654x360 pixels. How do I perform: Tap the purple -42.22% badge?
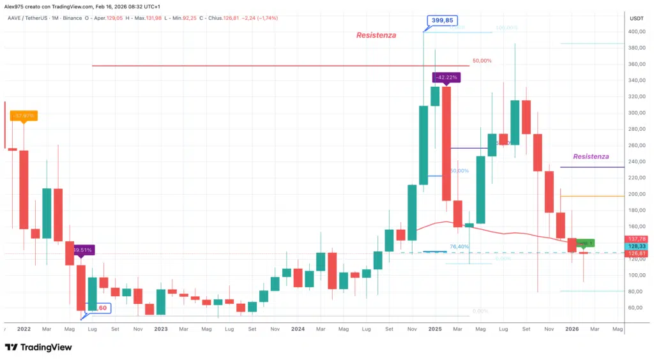(x=446, y=77)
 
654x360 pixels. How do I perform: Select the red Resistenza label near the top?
(x=376, y=36)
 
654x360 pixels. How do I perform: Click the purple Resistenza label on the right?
(x=591, y=156)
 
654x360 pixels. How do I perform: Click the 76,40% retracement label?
(x=459, y=246)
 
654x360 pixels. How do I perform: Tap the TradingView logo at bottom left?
(x=38, y=347)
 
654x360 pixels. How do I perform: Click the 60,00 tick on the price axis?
(x=635, y=308)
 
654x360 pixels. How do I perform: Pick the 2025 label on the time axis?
(x=435, y=329)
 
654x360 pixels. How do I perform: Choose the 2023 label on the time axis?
(x=161, y=329)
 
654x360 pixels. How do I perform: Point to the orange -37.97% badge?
(x=24, y=116)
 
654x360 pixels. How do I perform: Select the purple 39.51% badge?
(x=82, y=250)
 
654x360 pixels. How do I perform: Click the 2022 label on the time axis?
(x=24, y=329)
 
